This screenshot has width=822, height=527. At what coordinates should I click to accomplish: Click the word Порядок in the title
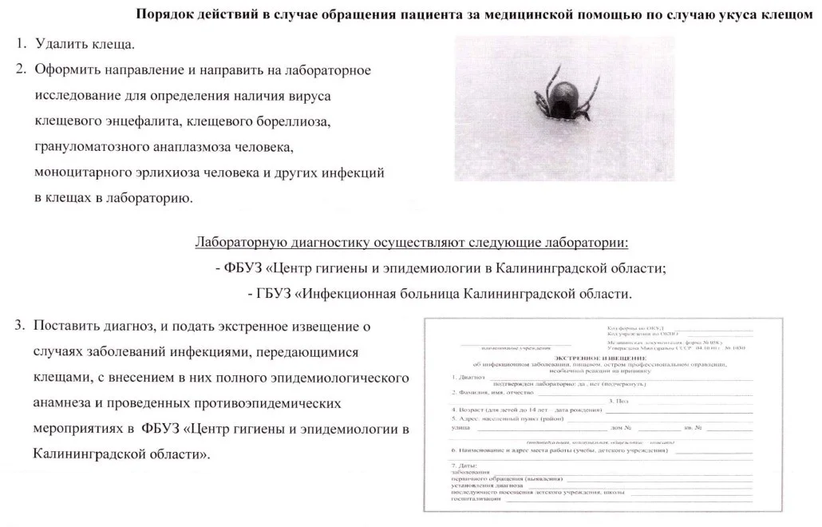[164, 15]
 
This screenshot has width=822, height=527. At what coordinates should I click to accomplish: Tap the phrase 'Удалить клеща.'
[85, 44]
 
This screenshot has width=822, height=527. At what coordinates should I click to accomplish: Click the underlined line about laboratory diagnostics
[412, 243]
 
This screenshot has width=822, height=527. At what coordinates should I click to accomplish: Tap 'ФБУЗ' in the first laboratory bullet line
[243, 268]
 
